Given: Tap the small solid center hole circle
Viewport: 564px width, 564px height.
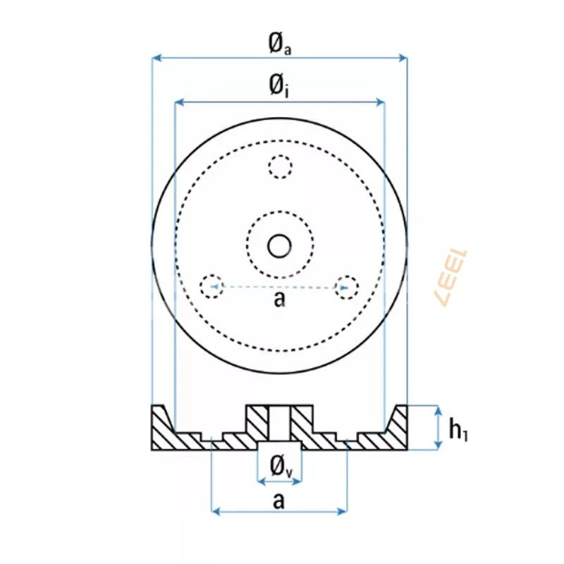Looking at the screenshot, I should pyautogui.click(x=280, y=245).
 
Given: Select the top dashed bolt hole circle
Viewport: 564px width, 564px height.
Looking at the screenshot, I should pyautogui.click(x=280, y=167).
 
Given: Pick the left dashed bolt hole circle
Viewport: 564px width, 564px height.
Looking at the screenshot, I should pyautogui.click(x=211, y=286).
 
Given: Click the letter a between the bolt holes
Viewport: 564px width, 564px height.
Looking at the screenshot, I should pyautogui.click(x=280, y=300).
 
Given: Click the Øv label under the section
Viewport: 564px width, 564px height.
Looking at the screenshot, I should pyautogui.click(x=280, y=465).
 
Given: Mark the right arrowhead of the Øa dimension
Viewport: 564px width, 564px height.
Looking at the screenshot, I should pyautogui.click(x=403, y=57).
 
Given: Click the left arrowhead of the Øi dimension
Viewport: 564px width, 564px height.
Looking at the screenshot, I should pyautogui.click(x=179, y=103).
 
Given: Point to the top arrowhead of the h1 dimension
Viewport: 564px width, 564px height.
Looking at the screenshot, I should pyautogui.click(x=438, y=410).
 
